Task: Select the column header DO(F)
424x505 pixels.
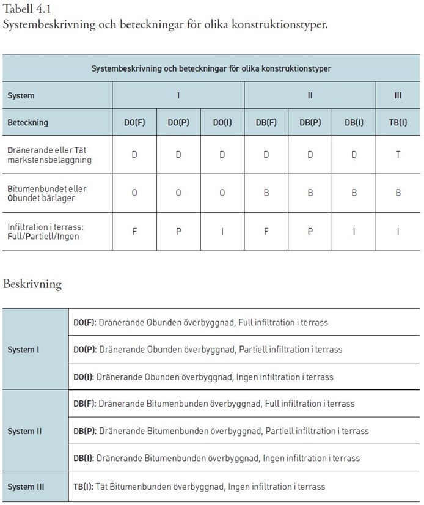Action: click(134, 122)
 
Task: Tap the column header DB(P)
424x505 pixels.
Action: click(310, 122)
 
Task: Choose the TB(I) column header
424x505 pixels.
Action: click(398, 122)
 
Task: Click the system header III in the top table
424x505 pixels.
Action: click(398, 96)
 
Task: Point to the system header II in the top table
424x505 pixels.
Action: click(310, 96)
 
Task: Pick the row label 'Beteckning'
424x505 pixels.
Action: click(27, 122)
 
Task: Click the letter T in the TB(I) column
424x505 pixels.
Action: click(398, 154)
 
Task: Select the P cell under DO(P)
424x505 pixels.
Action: click(178, 232)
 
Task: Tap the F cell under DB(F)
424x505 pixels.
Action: click(266, 232)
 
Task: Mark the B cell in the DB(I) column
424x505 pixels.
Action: click(354, 193)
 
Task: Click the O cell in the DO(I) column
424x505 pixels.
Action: click(222, 193)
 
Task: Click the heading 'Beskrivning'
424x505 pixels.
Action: click(32, 284)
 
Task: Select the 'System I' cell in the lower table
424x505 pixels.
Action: click(23, 350)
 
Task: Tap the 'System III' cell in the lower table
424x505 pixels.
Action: click(26, 487)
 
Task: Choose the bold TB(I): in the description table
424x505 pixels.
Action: click(84, 487)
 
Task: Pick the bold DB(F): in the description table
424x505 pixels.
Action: click(84, 404)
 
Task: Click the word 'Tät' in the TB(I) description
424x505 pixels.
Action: click(104, 487)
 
